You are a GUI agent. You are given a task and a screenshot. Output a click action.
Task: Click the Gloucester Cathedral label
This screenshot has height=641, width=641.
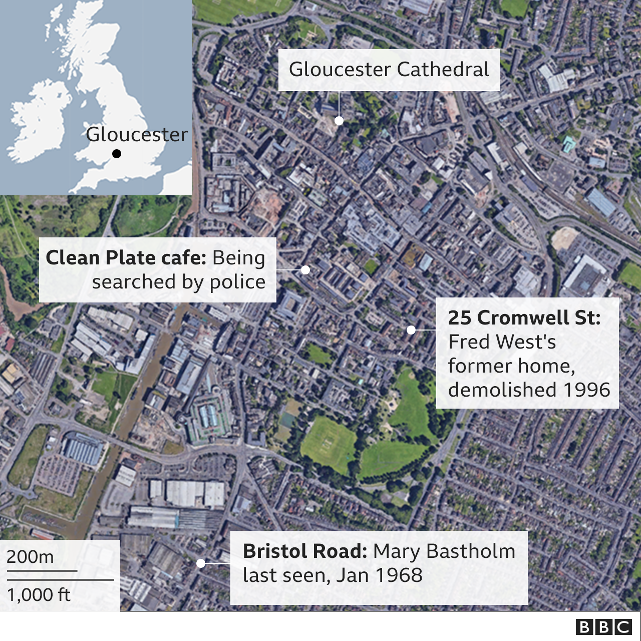coord(389,70)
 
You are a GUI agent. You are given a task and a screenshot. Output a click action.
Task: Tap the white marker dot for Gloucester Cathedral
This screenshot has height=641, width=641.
coord(339,121)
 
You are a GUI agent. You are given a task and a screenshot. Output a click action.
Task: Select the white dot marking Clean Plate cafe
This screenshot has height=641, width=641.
coord(305,269)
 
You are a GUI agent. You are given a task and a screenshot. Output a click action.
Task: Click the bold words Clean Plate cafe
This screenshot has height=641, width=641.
coord(126,258)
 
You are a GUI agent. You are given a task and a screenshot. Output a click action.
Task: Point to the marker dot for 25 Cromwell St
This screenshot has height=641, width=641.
coord(411,330)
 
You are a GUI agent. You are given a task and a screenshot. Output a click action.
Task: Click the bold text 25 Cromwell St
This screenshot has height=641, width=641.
coord(524,317)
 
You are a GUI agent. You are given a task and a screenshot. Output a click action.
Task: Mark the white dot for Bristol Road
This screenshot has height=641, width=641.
coord(201,563)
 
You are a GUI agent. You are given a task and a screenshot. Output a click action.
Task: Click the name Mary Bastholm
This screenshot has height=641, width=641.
coord(444,551)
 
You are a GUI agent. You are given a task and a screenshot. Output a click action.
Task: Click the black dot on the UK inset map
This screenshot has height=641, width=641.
coord(117,154)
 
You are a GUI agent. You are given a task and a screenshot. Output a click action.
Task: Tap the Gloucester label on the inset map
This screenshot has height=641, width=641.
coord(136,134)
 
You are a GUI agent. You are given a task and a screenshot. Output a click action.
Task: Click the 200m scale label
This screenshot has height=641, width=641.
coord(30,557)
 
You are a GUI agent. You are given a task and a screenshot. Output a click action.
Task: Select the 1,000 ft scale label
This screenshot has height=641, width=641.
coord(39,595)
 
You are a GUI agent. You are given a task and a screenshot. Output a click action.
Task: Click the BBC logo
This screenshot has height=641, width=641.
coord(604,627)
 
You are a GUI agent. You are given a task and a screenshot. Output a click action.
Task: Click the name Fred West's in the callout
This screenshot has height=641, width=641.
coord(502,342)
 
